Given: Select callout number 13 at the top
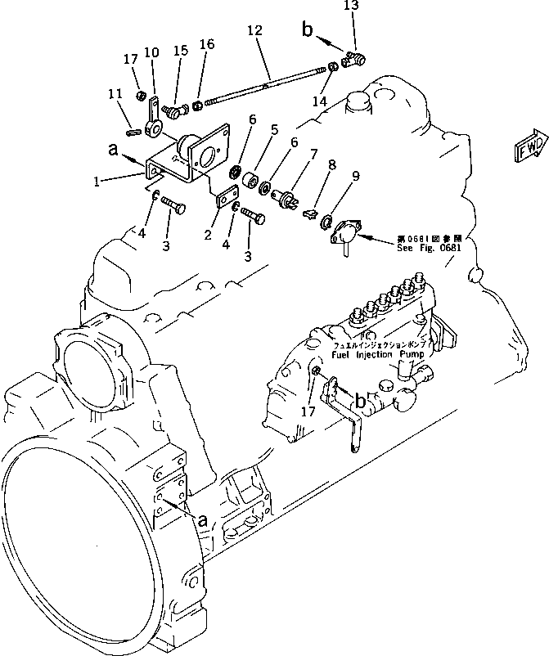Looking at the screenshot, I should tap(351, 7).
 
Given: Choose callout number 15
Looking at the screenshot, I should tap(181, 50).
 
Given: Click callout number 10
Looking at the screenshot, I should tap(151, 53).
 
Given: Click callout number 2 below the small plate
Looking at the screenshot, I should tap(209, 235).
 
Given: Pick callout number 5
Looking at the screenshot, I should tap(275, 129).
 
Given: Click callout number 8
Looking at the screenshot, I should tap(331, 164).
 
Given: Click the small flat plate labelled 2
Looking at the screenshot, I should tap(227, 197).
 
